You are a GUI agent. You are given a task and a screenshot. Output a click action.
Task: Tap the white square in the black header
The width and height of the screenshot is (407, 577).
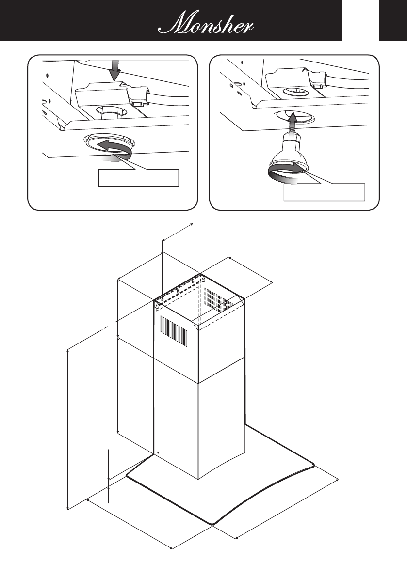pos(361,20)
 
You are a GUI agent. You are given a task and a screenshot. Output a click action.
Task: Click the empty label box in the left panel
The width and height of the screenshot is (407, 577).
pos(139,177)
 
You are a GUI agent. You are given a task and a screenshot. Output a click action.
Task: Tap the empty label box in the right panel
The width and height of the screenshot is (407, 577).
pos(324,192)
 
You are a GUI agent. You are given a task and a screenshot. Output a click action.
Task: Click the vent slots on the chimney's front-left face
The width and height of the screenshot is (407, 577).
pos(173,331)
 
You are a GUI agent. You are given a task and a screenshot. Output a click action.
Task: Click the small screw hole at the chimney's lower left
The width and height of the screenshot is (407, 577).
pos(157,454)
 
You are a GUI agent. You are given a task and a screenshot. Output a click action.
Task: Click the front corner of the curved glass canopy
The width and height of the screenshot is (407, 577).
pos(212,523)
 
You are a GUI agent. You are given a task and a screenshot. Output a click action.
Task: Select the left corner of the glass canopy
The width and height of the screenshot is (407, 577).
pos(128,477)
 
